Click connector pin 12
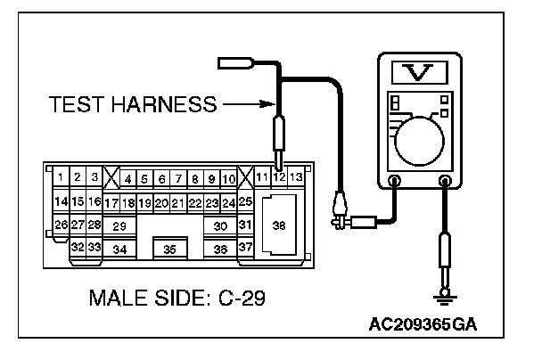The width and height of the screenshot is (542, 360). click(x=279, y=178)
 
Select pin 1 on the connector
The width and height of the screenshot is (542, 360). click(x=61, y=178)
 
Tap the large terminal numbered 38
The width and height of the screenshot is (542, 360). click(x=279, y=226)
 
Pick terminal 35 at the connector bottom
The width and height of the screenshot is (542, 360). click(x=169, y=250)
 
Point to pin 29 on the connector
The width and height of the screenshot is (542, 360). click(x=119, y=226)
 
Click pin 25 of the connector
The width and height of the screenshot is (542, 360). click(x=245, y=201)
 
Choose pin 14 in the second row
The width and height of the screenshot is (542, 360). click(x=61, y=201)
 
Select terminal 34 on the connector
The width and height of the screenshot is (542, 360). click(x=119, y=250)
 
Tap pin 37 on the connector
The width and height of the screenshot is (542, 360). click(x=245, y=247)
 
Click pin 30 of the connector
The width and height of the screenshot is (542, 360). click(x=220, y=226)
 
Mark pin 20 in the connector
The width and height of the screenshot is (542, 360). click(x=161, y=203)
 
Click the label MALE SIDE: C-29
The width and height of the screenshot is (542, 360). click(x=176, y=295)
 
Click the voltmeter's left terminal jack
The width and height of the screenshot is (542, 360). click(x=395, y=181)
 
